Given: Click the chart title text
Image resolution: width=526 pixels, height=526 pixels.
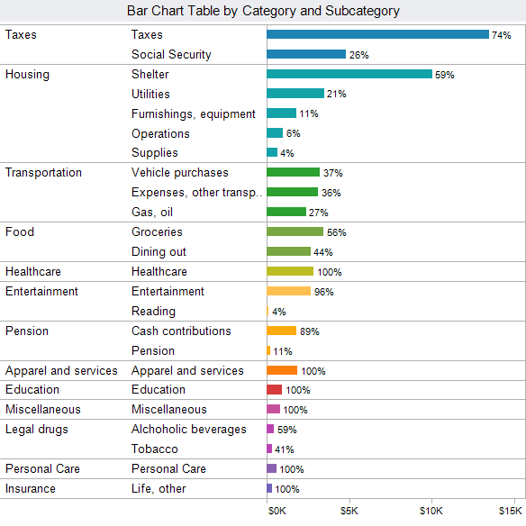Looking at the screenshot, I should [263, 11].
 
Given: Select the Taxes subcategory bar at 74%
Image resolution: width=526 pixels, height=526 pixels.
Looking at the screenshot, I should [377, 34].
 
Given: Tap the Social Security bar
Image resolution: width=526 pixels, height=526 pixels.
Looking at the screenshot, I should [306, 54].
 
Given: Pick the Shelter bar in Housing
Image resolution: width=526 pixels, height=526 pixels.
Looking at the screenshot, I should [349, 74].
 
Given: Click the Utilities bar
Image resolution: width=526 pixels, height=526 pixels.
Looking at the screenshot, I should [295, 94].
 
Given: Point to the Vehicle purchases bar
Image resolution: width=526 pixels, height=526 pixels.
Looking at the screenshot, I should [294, 172].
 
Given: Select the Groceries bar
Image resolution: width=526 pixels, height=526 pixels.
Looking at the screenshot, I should [295, 231].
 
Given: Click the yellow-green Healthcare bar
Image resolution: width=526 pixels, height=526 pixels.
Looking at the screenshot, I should [290, 271].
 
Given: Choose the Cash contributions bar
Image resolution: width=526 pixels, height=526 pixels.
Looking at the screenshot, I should [282, 331].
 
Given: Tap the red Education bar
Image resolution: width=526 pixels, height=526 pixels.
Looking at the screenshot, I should [275, 389].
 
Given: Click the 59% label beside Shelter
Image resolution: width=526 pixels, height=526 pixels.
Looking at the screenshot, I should [445, 75].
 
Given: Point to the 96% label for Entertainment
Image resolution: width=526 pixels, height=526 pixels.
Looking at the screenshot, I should [323, 292].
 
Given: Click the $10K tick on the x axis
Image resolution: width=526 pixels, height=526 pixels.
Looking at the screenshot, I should [431, 511].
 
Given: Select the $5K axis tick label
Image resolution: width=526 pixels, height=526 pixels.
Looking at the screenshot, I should [349, 511].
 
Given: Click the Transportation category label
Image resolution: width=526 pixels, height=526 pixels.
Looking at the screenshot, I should [43, 172].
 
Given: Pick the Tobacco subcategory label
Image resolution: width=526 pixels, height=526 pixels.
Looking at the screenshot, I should [155, 449].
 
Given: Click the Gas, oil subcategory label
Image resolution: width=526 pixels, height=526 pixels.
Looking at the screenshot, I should [152, 212].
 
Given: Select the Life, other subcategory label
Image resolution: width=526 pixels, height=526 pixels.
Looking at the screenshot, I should [159, 488].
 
